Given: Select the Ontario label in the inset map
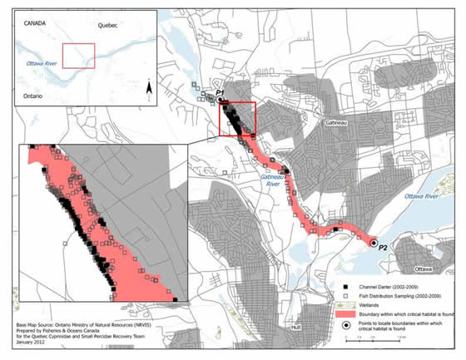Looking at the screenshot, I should coord(31,96).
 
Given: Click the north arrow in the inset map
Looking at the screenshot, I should coord(146,87).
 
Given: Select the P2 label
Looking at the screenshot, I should coord(383,248).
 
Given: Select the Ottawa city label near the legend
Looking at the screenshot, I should coord(423,269).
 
